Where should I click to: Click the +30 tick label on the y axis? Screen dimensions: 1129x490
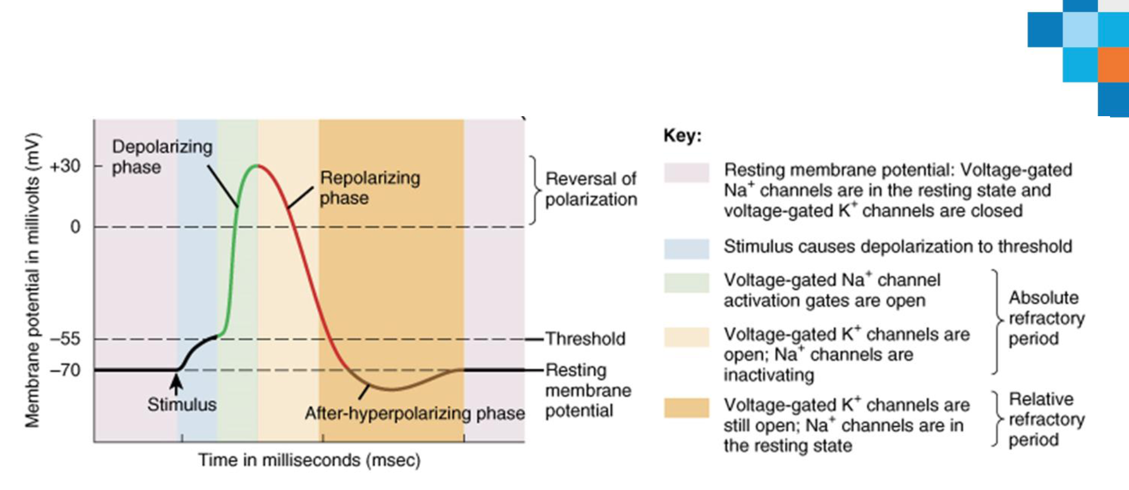(65, 166)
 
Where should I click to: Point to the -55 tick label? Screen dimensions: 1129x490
(65, 338)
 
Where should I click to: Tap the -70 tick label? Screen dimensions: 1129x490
(65, 370)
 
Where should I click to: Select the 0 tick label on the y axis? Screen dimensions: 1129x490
(75, 227)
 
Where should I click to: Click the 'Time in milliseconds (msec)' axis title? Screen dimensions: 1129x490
(309, 460)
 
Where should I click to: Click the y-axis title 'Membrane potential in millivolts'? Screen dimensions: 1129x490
(32, 280)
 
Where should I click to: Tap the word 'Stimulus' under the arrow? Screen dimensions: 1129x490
(182, 404)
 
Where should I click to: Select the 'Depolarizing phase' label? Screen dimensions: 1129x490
(162, 156)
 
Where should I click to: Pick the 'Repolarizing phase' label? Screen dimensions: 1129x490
(370, 187)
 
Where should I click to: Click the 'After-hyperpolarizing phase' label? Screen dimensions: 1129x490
(414, 413)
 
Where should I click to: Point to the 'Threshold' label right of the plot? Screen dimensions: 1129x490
(585, 338)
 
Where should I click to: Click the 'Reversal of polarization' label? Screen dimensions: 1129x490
(591, 189)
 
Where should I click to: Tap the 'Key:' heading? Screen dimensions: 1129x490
(683, 136)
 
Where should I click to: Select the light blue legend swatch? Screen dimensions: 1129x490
(686, 249)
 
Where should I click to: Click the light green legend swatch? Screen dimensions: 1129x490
(686, 283)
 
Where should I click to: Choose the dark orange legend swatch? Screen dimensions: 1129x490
(686, 408)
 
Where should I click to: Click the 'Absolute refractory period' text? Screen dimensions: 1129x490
(1046, 318)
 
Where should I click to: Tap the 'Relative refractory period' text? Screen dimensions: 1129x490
(1046, 419)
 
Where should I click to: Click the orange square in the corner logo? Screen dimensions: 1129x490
(1113, 64)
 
